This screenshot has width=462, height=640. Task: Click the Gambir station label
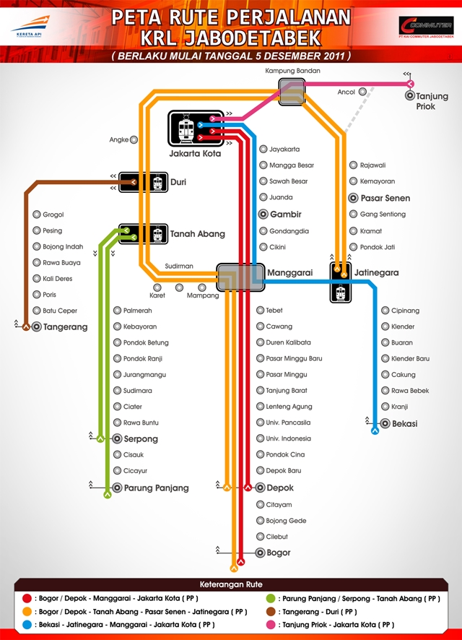tap(285, 215)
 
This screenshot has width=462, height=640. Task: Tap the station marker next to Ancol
tap(362, 92)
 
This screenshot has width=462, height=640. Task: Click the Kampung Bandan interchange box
tap(292, 92)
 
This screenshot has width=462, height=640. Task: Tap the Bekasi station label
tap(404, 424)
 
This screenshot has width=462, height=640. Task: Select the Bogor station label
tap(279, 553)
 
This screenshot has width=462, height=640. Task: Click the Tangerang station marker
tap(36, 327)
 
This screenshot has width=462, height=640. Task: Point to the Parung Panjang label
tap(156, 488)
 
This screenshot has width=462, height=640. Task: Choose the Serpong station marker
tap(118, 438)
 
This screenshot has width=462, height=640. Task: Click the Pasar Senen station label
tap(385, 198)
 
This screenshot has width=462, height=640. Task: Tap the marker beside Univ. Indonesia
tap(261, 438)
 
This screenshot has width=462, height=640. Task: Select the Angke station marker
tap(134, 140)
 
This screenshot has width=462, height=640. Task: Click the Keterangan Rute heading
tap(231, 584)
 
